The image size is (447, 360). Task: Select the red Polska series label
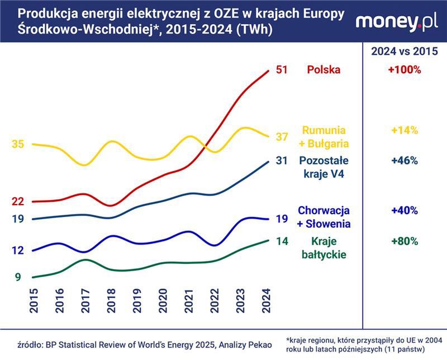pyautogui.click(x=323, y=70)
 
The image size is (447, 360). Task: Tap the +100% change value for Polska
pyautogui.click(x=404, y=70)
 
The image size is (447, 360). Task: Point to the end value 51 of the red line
pyautogui.click(x=282, y=70)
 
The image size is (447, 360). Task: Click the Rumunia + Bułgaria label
pyautogui.click(x=325, y=136)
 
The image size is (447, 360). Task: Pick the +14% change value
pyautogui.click(x=404, y=130)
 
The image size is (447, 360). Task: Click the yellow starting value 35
pyautogui.click(x=18, y=144)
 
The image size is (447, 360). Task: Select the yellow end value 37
pyautogui.click(x=282, y=137)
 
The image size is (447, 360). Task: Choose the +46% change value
pyautogui.click(x=404, y=161)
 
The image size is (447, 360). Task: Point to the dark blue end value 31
pyautogui.click(x=282, y=161)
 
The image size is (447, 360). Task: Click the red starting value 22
pyautogui.click(x=18, y=201)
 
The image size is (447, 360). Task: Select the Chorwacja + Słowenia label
pyautogui.click(x=324, y=217)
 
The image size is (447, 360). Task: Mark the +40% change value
pyautogui.click(x=404, y=211)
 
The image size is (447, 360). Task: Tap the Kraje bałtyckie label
pyautogui.click(x=324, y=248)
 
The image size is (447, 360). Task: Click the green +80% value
pyautogui.click(x=404, y=241)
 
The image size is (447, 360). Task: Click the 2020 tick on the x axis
pyautogui.click(x=163, y=302)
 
